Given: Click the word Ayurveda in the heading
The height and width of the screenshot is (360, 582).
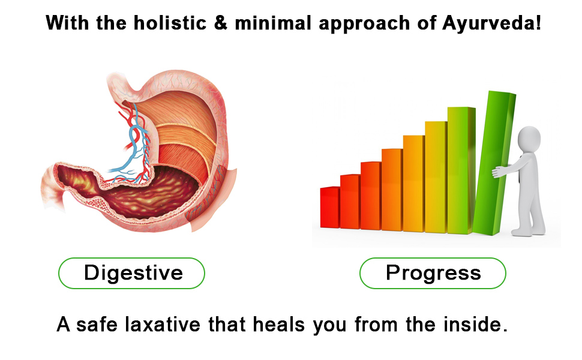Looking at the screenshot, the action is [491, 23].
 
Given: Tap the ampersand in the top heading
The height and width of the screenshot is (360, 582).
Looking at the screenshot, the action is [220, 23].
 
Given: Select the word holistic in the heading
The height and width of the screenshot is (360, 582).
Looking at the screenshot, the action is [170, 23].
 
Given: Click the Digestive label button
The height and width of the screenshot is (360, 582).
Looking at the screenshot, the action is [131, 273].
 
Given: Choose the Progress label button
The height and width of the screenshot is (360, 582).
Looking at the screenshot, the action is [433, 273].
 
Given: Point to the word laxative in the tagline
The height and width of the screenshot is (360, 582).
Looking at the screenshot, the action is [163, 325].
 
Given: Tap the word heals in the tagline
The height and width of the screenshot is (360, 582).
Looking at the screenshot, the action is [279, 325].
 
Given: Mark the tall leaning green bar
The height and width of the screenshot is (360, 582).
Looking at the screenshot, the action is [494, 163].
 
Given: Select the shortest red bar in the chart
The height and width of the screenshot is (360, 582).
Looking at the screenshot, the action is [330, 207].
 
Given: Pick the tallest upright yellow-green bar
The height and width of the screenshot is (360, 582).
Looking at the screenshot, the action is [461, 170].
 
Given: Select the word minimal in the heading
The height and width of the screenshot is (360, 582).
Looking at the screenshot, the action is [273, 23].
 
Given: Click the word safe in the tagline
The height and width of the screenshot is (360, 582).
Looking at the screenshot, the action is [97, 325].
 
